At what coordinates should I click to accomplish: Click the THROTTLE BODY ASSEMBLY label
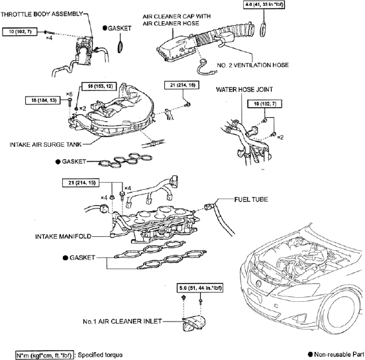[42, 14]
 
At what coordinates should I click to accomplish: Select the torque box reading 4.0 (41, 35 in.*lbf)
[264, 5]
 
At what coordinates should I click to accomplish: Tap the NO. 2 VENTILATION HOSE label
[253, 65]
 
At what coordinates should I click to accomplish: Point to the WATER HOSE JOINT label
[244, 89]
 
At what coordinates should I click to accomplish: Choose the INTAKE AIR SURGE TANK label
[46, 144]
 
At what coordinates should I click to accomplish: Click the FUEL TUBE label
[251, 199]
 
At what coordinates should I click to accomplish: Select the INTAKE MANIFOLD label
[63, 236]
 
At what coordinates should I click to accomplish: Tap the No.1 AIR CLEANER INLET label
[122, 322]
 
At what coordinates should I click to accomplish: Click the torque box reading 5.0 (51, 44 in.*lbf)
[200, 288]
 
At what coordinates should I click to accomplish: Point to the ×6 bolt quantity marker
[69, 94]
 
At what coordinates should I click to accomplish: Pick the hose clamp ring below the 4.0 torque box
[263, 29]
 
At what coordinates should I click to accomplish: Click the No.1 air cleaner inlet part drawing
[193, 322]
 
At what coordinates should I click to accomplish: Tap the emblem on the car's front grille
[258, 283]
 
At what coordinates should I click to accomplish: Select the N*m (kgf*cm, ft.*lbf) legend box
[44, 355]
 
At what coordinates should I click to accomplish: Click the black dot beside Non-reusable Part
[310, 355]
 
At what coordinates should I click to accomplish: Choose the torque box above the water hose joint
[265, 104]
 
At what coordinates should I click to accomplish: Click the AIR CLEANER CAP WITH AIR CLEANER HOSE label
[177, 20]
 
